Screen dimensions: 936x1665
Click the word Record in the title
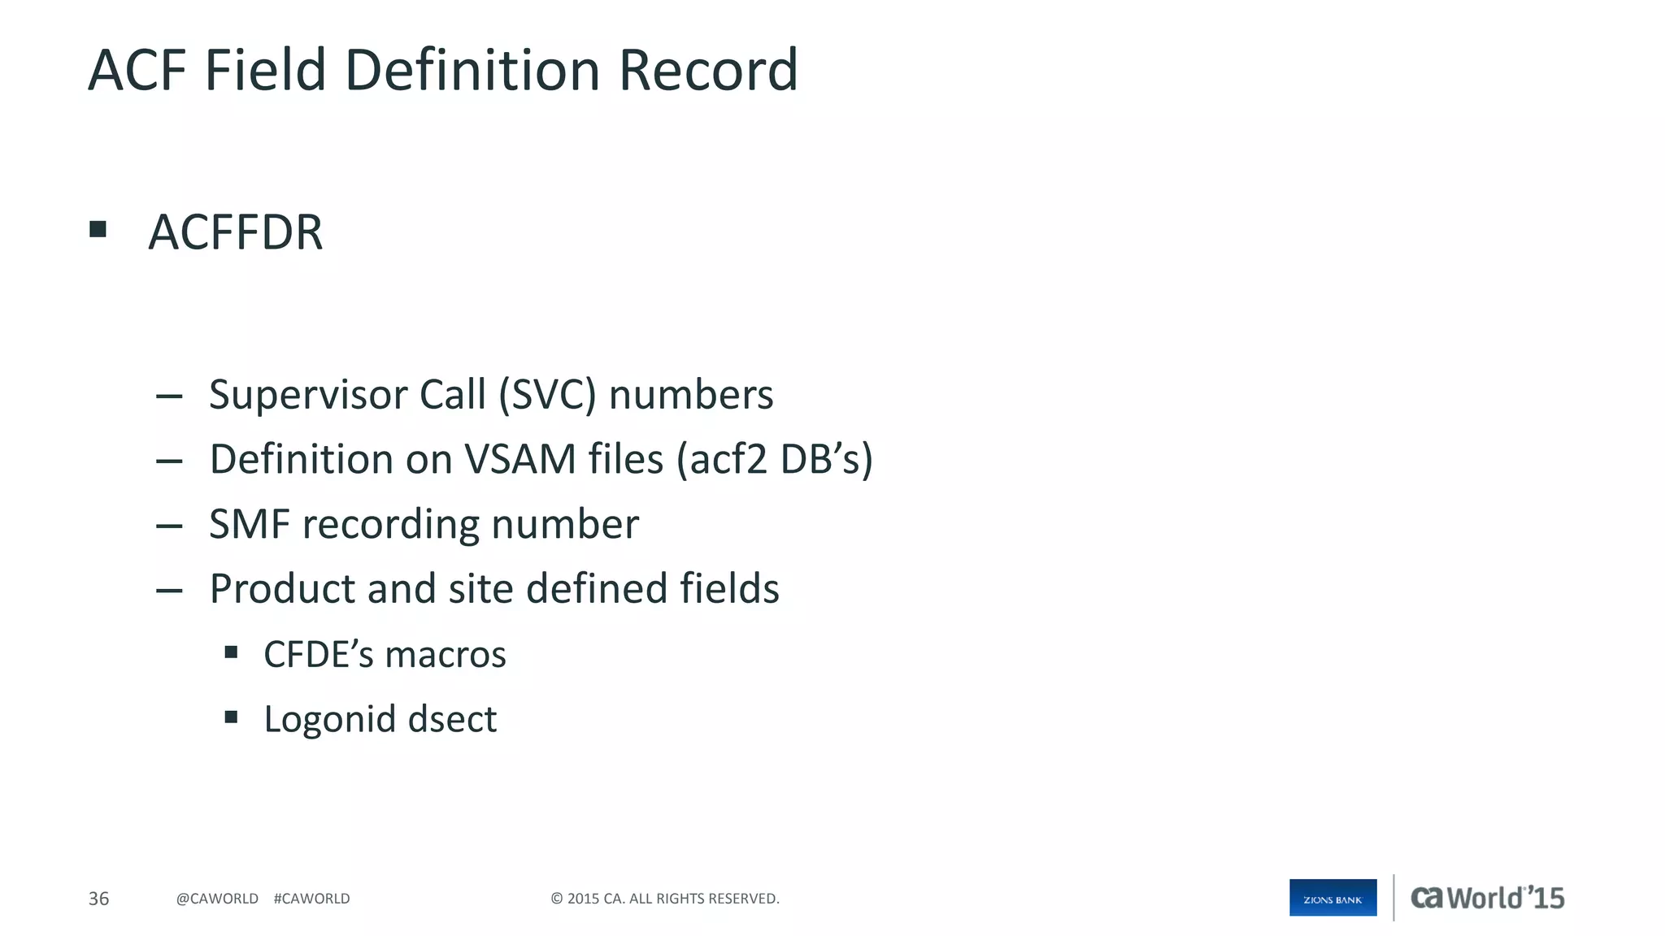point(707,71)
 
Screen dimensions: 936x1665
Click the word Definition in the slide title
point(472,71)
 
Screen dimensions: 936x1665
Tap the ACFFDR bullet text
point(236,233)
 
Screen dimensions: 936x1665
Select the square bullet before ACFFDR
point(98,230)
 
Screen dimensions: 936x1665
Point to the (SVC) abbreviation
point(547,396)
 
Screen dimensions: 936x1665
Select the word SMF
point(250,525)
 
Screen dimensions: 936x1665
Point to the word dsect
point(452,720)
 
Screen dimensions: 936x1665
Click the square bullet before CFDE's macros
point(232,652)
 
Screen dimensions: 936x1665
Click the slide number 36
point(98,899)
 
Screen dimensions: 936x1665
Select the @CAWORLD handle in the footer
point(217,899)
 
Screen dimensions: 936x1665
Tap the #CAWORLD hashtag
point(312,899)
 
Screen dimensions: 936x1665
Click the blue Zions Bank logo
point(1332,898)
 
